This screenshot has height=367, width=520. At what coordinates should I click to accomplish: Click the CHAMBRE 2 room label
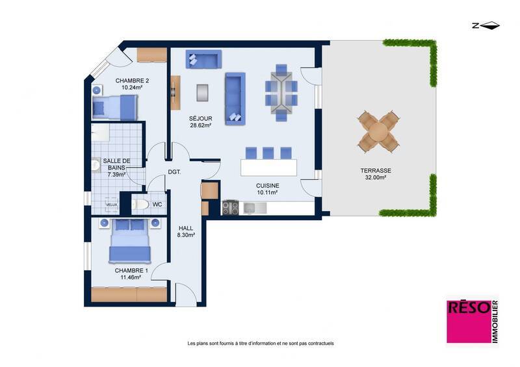tap(132, 81)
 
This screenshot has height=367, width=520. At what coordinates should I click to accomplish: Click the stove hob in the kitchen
tap(230, 208)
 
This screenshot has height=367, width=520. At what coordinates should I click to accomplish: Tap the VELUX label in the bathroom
tap(112, 205)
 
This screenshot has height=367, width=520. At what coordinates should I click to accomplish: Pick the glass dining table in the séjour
tap(281, 92)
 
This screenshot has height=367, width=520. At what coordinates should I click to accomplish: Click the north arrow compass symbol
tap(486, 25)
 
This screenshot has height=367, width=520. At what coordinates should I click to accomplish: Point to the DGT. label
tap(174, 172)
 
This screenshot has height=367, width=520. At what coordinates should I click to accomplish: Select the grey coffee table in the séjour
tap(202, 92)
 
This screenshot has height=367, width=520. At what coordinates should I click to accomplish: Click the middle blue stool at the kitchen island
tap(268, 153)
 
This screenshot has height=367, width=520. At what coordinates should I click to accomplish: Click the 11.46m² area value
tap(131, 277)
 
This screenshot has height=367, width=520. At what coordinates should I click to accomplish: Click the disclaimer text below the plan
tap(260, 343)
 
